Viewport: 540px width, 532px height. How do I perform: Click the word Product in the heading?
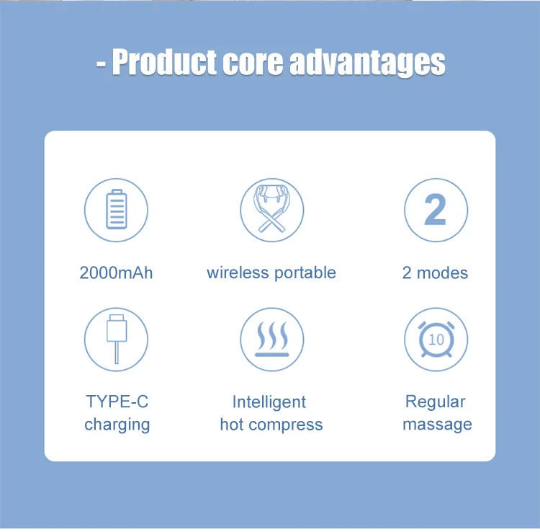(165, 62)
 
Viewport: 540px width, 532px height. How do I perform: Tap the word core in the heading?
(253, 63)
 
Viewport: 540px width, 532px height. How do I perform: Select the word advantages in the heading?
(367, 63)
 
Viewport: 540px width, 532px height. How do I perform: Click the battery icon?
(117, 209)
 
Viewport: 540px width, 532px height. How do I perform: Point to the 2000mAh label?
(116, 272)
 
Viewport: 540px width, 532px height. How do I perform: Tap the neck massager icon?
(271, 208)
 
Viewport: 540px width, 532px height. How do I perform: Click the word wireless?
(238, 272)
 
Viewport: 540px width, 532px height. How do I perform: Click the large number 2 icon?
(436, 209)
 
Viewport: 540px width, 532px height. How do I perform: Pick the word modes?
(442, 272)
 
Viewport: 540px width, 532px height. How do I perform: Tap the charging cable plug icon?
(117, 339)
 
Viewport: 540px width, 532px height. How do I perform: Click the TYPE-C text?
(117, 402)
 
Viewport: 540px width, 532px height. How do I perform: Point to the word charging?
(117, 425)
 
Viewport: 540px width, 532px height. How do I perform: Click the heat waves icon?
(271, 339)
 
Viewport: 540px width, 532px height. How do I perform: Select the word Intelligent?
(269, 402)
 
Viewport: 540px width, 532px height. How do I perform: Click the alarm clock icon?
(436, 340)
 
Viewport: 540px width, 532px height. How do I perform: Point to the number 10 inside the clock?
(436, 340)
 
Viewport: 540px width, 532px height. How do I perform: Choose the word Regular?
(436, 402)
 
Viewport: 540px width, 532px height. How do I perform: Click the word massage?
(437, 425)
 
